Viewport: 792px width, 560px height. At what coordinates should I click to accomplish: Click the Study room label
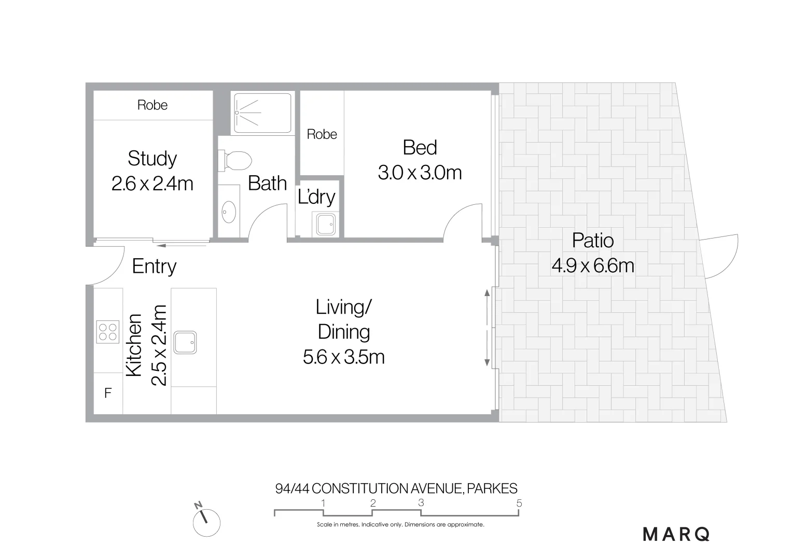[x=152, y=159]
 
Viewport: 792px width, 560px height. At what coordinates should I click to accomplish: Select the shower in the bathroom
[x=262, y=112]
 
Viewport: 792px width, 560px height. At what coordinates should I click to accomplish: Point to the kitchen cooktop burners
[x=107, y=332]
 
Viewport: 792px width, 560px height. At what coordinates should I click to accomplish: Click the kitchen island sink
[x=185, y=342]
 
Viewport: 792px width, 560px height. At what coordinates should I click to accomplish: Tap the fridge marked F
[x=108, y=393]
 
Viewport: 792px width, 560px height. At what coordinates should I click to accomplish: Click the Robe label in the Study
[x=152, y=105]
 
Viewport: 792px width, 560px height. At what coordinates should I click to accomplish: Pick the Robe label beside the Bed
[x=322, y=134]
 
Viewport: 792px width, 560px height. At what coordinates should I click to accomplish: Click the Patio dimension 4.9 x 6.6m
[x=593, y=266]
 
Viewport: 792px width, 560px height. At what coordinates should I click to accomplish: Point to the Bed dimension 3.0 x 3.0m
[x=420, y=173]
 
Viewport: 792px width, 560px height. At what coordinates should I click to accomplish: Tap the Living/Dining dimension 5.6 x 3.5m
[x=343, y=357]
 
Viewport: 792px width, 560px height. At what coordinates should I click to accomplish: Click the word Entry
[x=154, y=267]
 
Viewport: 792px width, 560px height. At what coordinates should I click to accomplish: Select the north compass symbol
[x=206, y=521]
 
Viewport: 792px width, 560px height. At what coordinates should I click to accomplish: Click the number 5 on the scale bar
[x=519, y=503]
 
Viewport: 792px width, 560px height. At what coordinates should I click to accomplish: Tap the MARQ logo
[x=676, y=534]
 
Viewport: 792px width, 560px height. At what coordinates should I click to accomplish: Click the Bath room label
[x=267, y=183]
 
